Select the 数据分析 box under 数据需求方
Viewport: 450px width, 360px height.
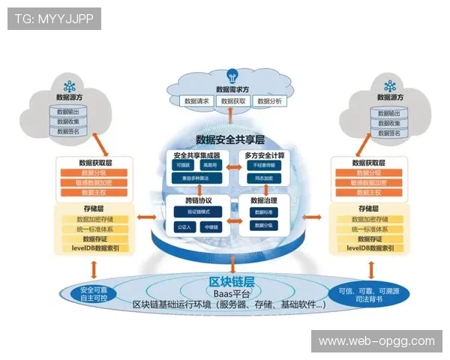[269, 100]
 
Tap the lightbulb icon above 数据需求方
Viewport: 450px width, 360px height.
[232, 76]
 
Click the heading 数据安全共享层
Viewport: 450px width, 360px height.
[230, 139]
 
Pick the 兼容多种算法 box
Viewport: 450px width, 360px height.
[191, 178]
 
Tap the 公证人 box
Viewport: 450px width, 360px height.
[181, 226]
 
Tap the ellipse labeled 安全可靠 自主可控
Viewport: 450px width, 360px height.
[88, 293]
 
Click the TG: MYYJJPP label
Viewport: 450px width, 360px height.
[54, 18]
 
